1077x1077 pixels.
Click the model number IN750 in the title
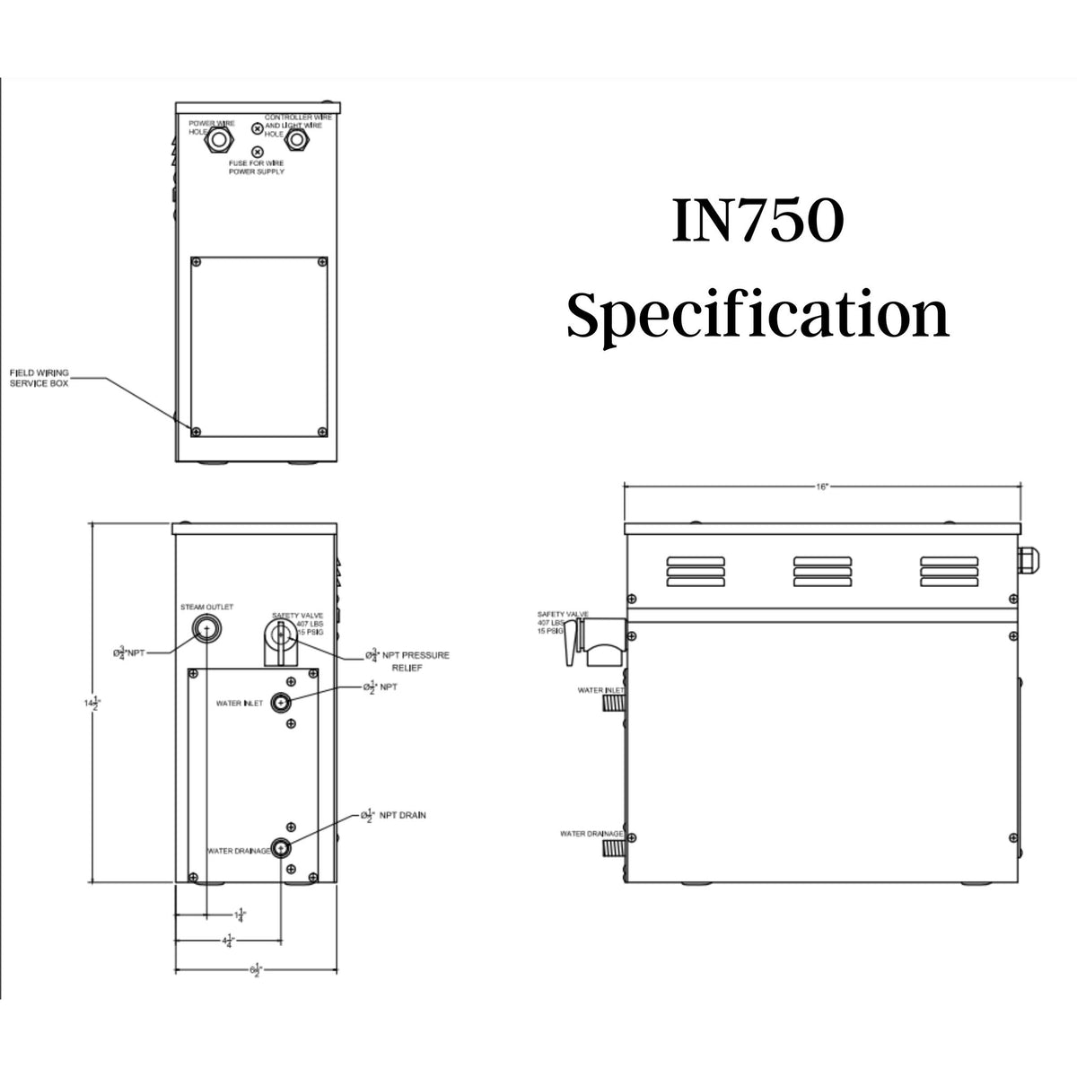[757, 224]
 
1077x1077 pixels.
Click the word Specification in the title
[757, 316]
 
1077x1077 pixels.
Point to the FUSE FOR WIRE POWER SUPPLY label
[257, 167]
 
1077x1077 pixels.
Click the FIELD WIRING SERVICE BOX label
[39, 377]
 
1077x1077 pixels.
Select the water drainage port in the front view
[282, 848]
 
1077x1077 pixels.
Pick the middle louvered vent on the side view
[821, 570]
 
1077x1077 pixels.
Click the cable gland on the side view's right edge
[1028, 560]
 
